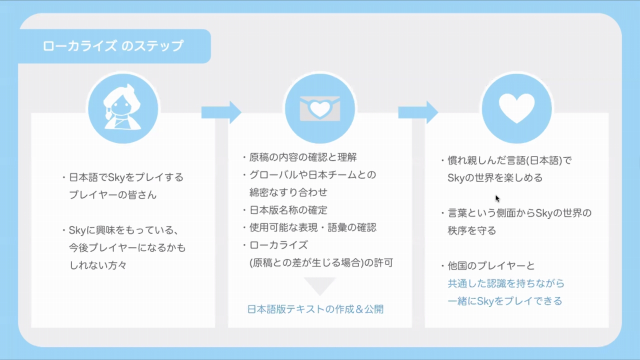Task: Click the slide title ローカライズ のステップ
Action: [x=113, y=46]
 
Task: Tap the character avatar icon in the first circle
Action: [x=122, y=107]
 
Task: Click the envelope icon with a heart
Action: [x=319, y=108]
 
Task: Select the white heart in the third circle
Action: [x=516, y=108]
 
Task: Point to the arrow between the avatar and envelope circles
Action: [x=221, y=112]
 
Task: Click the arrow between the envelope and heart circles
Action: [x=418, y=112]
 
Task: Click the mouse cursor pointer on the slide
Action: [x=497, y=198]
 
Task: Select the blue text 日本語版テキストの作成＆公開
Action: [x=315, y=309]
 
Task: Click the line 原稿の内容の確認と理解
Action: [x=303, y=157]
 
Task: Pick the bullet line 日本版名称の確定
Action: [x=288, y=210]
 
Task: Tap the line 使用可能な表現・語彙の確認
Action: [x=313, y=227]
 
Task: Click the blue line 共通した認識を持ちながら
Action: [x=506, y=283]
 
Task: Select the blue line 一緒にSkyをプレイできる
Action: [x=505, y=301]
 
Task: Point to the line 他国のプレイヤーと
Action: [x=491, y=265]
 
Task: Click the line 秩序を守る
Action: [x=471, y=230]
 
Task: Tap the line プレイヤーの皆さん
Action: [x=113, y=195]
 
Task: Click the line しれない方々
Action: [x=97, y=265]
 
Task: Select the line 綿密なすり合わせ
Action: [x=288, y=192]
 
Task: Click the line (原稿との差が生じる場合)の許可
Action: [x=321, y=262]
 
